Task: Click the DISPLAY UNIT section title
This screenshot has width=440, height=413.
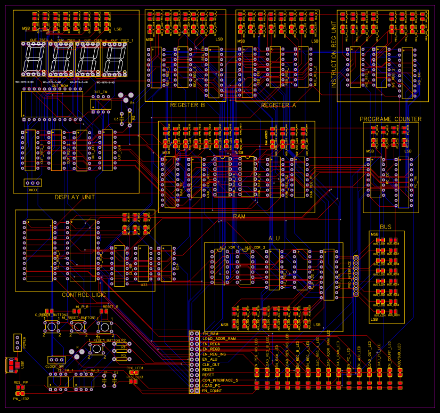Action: [x=75, y=197]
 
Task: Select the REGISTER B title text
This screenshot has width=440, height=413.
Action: [x=188, y=106]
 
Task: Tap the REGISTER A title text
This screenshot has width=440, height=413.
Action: [x=278, y=106]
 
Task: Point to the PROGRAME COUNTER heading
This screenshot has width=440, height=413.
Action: [x=390, y=119]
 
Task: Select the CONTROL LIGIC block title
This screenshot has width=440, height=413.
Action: [x=84, y=295]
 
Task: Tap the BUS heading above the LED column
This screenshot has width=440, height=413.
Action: [x=386, y=227]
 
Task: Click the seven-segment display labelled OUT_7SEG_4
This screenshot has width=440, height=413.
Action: [x=34, y=59]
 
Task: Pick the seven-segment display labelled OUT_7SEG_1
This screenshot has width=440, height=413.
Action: [x=115, y=59]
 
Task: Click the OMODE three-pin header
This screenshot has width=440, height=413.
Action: [x=33, y=183]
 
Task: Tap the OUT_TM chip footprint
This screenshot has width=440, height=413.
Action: [x=101, y=104]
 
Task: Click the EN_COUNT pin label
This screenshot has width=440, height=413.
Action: [x=212, y=391]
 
